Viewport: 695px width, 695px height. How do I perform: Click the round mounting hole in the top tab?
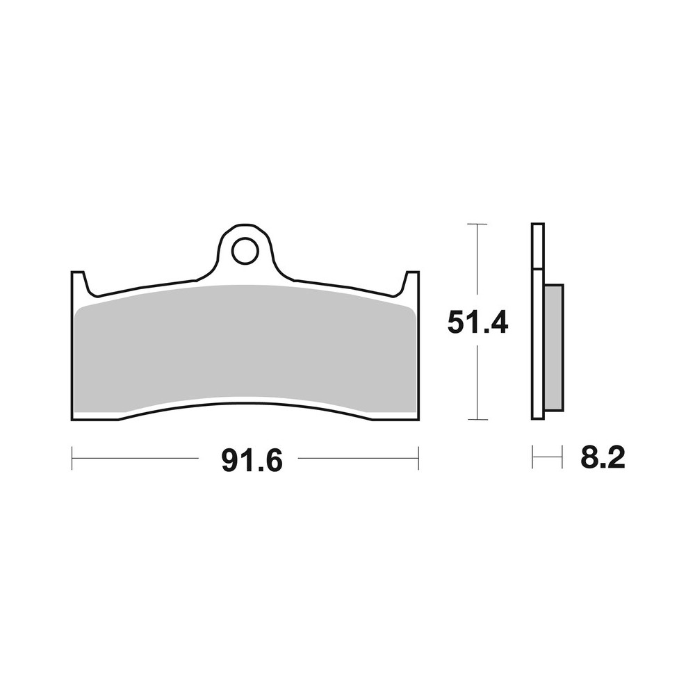coord(244,252)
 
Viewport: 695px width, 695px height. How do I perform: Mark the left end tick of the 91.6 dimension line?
coord(72,458)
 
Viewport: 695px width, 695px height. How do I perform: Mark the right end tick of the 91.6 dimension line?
coord(418,458)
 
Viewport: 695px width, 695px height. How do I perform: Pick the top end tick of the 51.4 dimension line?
coord(477,224)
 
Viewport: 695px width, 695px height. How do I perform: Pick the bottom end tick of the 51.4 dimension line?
coord(477,420)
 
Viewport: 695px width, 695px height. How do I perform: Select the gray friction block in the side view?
coord(553,347)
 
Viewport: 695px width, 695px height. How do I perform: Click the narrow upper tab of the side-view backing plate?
coord(537,246)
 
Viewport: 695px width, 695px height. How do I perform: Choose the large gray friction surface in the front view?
coord(243,347)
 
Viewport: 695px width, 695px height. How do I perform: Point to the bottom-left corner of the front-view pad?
coord(74,419)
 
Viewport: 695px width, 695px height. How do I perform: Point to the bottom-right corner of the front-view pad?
coord(417,419)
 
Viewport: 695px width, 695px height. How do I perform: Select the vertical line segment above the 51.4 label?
coord(477,264)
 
